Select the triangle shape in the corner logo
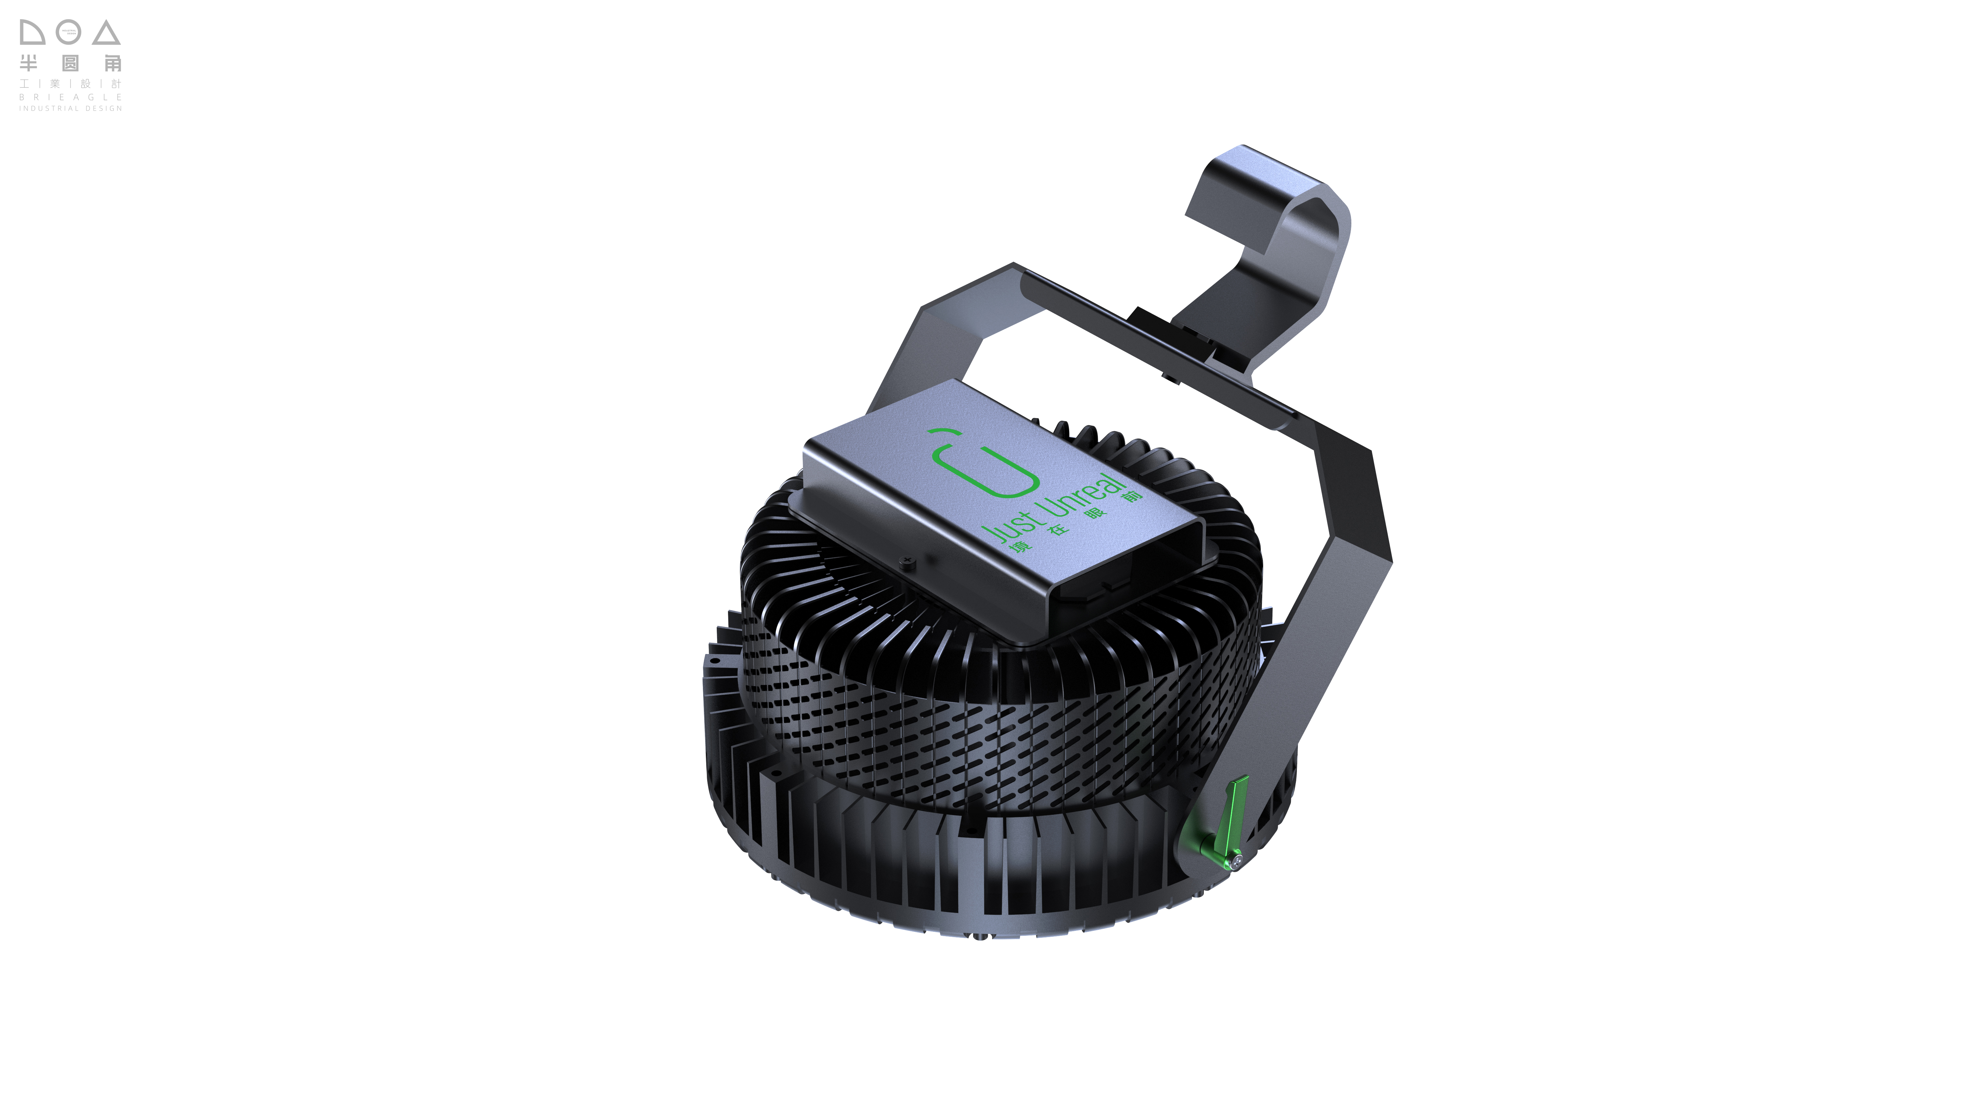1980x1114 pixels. click(107, 33)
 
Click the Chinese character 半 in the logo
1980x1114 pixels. click(28, 63)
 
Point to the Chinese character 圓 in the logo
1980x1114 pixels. click(70, 63)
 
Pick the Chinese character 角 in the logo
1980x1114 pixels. click(113, 63)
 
